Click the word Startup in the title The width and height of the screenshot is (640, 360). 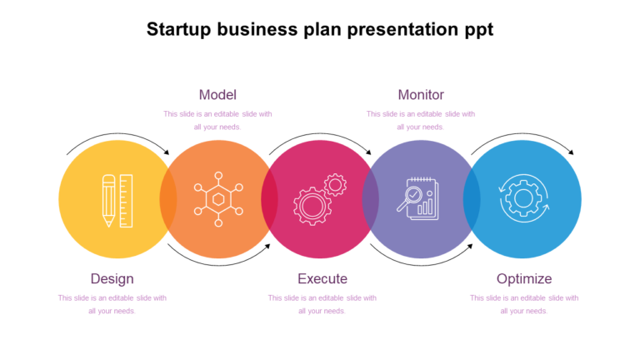pyautogui.click(x=177, y=30)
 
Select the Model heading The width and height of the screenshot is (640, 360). pyautogui.click(x=217, y=95)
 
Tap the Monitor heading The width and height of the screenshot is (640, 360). pyautogui.click(x=421, y=95)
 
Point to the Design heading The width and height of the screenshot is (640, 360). pyautogui.click(x=112, y=278)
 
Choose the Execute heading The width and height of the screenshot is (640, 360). pyautogui.click(x=322, y=278)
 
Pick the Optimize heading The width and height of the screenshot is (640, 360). pyautogui.click(x=524, y=278)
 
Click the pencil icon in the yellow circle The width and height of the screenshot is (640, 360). pyautogui.click(x=108, y=200)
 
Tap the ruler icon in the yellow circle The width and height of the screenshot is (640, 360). pyautogui.click(x=126, y=200)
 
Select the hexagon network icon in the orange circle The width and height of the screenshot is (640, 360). pyautogui.click(x=218, y=199)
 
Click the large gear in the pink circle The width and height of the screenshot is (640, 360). pyautogui.click(x=312, y=205)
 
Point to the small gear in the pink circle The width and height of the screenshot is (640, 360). pyautogui.click(x=335, y=184)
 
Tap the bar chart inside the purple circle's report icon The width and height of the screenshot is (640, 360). pyautogui.click(x=426, y=205)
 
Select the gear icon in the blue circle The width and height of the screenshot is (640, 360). pyautogui.click(x=523, y=199)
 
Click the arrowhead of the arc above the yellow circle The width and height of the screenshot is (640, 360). pyautogui.click(x=166, y=152)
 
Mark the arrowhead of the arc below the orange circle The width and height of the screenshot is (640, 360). pyautogui.click(x=267, y=246)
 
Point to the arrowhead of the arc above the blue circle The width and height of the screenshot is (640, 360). pyautogui.click(x=571, y=152)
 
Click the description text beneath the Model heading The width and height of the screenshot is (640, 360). pyautogui.click(x=217, y=121)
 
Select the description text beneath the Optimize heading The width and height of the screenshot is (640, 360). pyautogui.click(x=524, y=304)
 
